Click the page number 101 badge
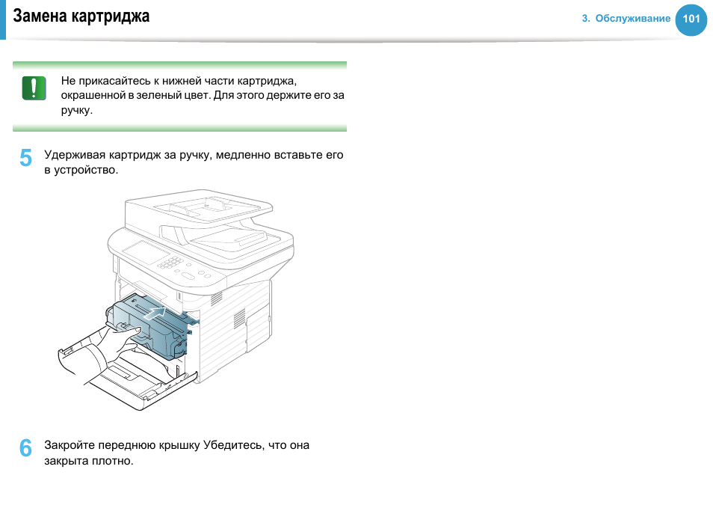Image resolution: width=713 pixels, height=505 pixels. coord(691,19)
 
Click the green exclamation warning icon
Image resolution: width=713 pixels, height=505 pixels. coord(34,88)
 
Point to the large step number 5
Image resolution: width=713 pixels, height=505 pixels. coord(25,158)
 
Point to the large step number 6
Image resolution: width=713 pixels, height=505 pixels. coord(25,448)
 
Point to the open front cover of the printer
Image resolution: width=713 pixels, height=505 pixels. coord(127,374)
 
